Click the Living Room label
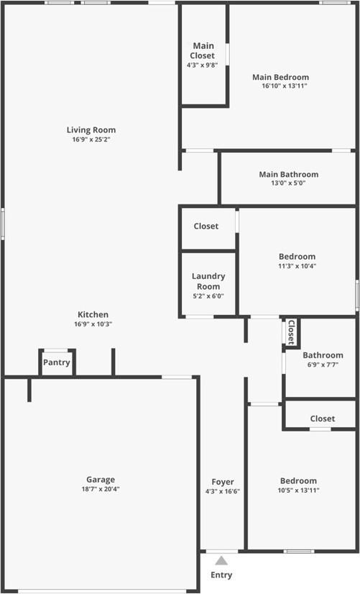(91, 130)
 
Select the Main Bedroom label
(280, 77)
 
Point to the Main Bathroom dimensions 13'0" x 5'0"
(288, 183)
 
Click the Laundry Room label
(208, 281)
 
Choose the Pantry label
(56, 362)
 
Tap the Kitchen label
(93, 314)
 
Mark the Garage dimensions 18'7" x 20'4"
(101, 489)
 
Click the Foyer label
(222, 482)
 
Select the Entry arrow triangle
(222, 560)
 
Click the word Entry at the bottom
(221, 575)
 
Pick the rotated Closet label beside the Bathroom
(291, 332)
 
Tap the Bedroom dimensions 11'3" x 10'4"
(297, 266)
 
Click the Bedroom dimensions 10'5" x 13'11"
(298, 490)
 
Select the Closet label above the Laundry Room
(206, 226)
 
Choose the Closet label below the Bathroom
(323, 419)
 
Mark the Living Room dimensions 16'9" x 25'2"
(91, 140)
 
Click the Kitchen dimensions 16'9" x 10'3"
(93, 324)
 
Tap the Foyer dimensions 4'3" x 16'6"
(222, 491)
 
